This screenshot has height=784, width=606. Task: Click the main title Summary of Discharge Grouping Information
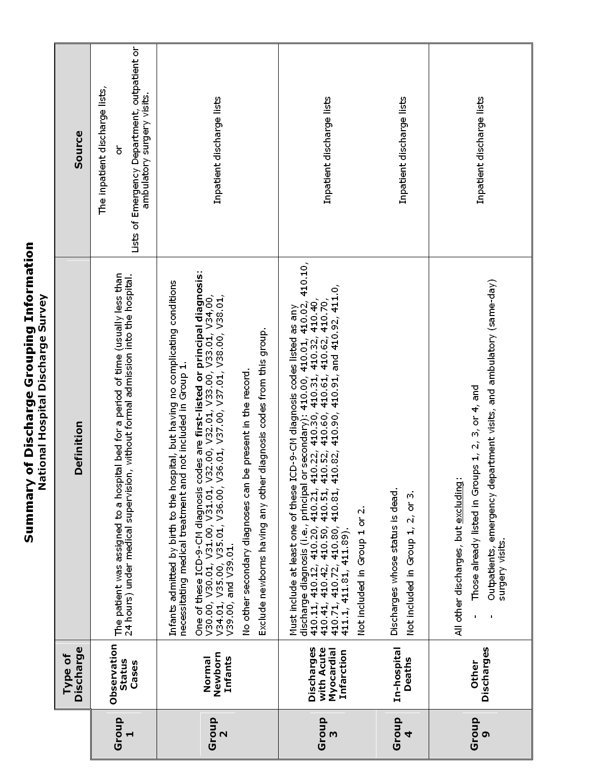pyautogui.click(x=29, y=393)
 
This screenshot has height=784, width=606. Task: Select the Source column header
pyautogui.click(x=78, y=150)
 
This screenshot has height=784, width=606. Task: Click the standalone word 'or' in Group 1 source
pyautogui.click(x=118, y=150)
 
